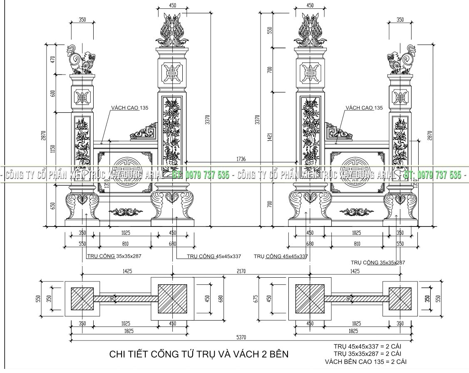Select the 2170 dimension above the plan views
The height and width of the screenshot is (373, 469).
[241, 271]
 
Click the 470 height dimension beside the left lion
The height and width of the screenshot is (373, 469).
[53, 60]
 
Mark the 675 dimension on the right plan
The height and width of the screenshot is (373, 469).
[256, 298]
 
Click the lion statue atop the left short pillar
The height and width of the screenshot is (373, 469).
[80, 60]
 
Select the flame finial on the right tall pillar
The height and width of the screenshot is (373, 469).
[310, 30]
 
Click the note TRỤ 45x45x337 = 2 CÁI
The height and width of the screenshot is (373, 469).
[366, 346]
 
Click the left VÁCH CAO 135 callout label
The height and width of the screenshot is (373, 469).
[129, 108]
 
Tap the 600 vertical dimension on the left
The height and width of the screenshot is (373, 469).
[53, 94]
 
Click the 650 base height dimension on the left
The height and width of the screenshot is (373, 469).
[53, 206]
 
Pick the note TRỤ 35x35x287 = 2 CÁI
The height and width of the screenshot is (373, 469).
[366, 353]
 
